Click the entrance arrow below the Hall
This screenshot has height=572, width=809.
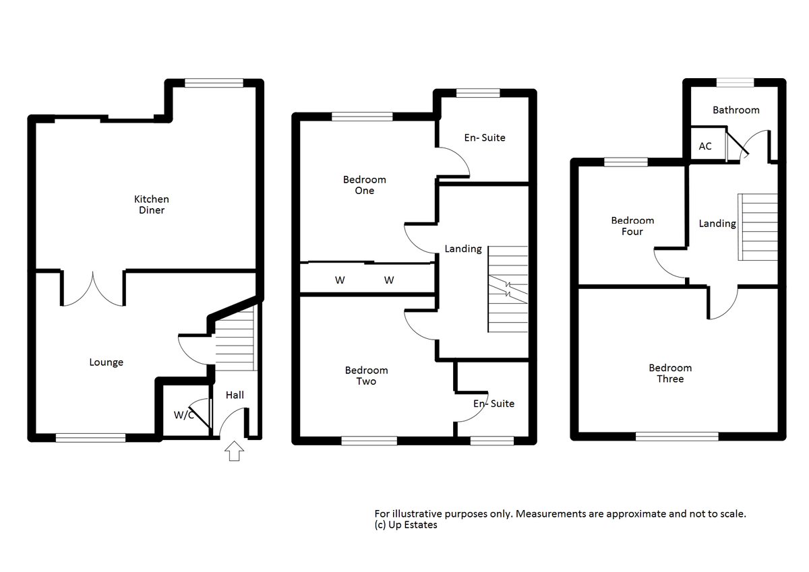pyautogui.click(x=235, y=451)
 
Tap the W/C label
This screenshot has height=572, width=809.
pyautogui.click(x=183, y=415)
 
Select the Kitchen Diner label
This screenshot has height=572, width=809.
pyautogui.click(x=151, y=205)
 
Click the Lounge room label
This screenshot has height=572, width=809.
pyautogui.click(x=107, y=362)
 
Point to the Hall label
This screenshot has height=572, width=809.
pyautogui.click(x=235, y=395)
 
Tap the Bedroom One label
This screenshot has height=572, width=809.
pyautogui.click(x=364, y=185)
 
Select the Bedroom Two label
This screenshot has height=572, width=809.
pyautogui.click(x=366, y=376)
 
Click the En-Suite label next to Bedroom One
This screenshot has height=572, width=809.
pyautogui.click(x=484, y=137)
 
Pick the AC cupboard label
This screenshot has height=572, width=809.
pyautogui.click(x=705, y=146)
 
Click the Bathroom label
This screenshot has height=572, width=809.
pyautogui.click(x=736, y=110)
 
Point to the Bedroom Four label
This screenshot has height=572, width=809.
pyautogui.click(x=632, y=226)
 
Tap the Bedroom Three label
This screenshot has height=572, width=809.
pyautogui.click(x=670, y=373)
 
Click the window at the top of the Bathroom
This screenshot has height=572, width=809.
pyautogui.click(x=735, y=82)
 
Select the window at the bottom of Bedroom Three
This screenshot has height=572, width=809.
pyautogui.click(x=677, y=437)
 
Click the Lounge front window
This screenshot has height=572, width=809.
pyautogui.click(x=90, y=438)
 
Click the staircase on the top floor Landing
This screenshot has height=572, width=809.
pyautogui.click(x=759, y=228)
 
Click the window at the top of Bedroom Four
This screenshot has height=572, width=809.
pyautogui.click(x=626, y=162)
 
